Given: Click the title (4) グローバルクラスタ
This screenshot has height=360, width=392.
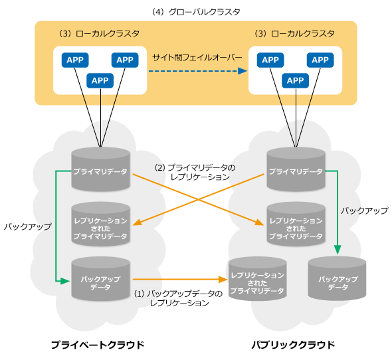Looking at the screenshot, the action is (x=196, y=12).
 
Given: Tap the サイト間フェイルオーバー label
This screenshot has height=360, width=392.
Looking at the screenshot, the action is (x=197, y=58).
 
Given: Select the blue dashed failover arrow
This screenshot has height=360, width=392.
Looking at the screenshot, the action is (x=198, y=71).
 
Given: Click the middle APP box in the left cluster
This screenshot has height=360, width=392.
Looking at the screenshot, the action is (x=100, y=80).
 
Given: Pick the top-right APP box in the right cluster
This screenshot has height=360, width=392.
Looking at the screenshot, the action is (x=320, y=60).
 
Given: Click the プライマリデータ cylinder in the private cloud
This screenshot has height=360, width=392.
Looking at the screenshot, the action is (x=100, y=169).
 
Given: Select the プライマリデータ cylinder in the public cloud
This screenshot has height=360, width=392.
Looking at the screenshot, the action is (x=296, y=169).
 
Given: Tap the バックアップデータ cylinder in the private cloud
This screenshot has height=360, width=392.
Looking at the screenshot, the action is (x=100, y=279).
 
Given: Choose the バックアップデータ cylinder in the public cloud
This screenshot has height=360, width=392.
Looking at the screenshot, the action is (x=337, y=278).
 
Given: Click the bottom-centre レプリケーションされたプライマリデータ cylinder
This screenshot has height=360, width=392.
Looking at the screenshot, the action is (x=258, y=279).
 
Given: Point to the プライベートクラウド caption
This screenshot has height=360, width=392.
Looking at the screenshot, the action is (x=98, y=345).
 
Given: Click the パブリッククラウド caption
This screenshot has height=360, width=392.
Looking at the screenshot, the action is (x=293, y=345).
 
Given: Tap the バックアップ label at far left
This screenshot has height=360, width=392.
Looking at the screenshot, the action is (x=27, y=226).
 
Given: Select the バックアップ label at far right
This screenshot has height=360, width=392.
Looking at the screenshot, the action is (x=365, y=211).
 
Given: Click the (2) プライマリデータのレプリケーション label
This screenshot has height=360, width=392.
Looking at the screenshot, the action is (x=195, y=172).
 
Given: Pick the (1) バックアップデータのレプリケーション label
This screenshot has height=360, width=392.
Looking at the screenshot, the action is (x=179, y=298).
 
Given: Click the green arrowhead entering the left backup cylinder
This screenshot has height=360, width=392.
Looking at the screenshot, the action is (x=66, y=281).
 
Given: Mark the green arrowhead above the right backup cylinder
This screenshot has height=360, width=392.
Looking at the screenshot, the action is (x=338, y=250).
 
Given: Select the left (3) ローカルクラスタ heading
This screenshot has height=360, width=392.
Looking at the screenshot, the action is (x=99, y=33).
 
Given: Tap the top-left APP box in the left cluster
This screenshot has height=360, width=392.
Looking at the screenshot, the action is (x=75, y=60).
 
